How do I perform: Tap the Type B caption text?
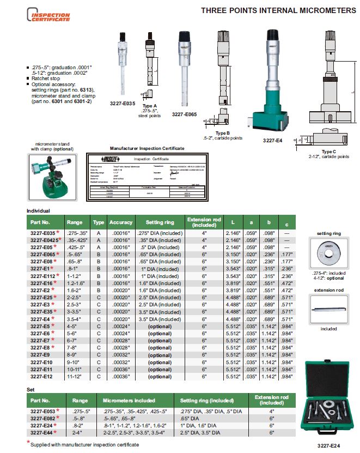[223, 132]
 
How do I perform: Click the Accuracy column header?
[121, 222]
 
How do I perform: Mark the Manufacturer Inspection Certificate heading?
[147, 148]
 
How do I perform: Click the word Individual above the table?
[38, 211]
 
